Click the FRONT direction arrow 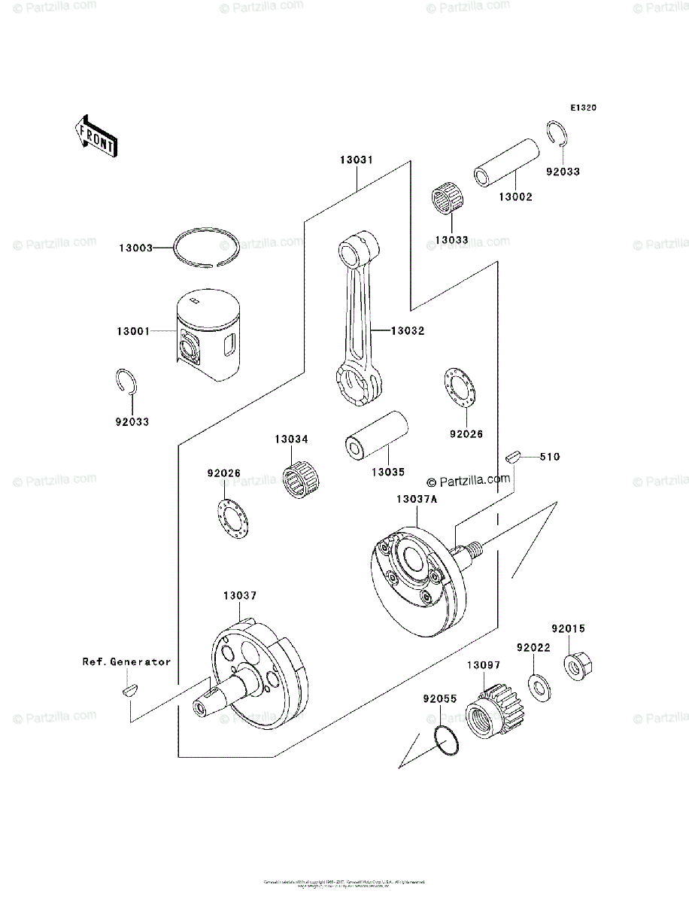(96, 135)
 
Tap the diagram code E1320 (583, 108)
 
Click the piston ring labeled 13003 (206, 246)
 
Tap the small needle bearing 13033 (449, 204)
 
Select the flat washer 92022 (537, 686)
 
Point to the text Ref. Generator (126, 662)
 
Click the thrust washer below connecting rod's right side (458, 388)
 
